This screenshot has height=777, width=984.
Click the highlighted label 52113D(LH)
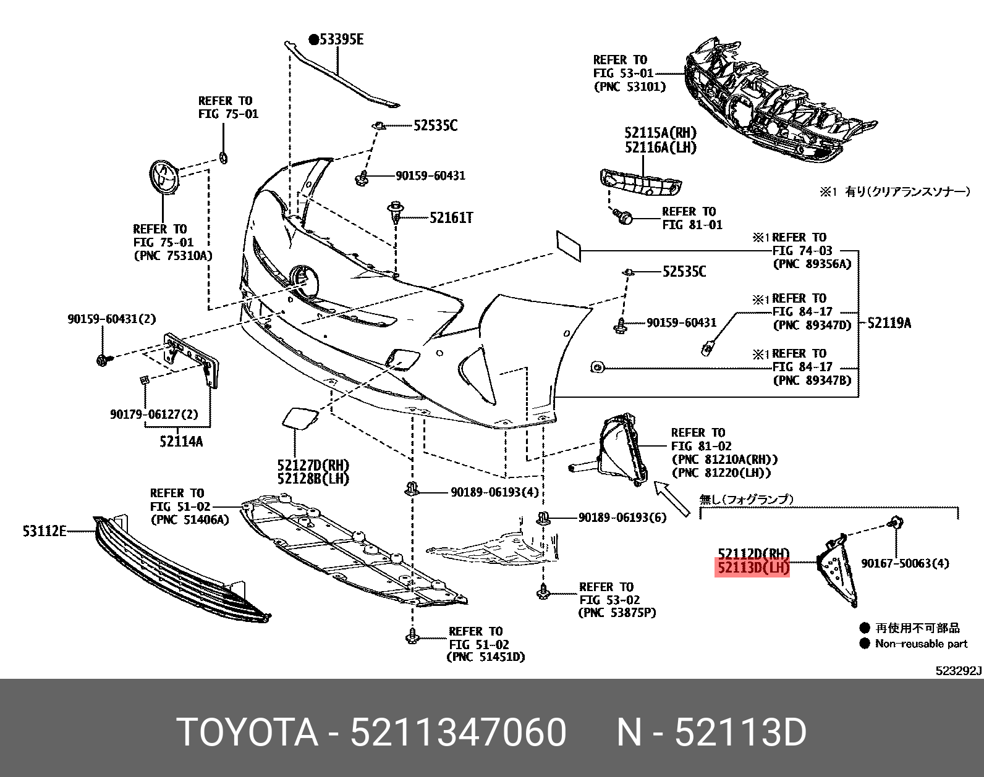pos(752,567)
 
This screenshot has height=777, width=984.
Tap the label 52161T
pos(451,217)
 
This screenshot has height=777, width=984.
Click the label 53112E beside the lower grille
pos(45,530)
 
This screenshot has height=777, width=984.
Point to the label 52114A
pos(180,441)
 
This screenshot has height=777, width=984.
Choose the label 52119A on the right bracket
pos(889,322)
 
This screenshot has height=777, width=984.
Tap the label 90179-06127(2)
pos(155,414)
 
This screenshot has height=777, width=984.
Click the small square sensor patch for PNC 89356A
pos(568,245)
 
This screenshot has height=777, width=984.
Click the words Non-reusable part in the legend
pos(921,644)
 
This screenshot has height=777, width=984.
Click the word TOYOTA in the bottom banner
pos(247,733)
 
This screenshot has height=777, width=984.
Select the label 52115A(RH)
pos(660,133)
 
